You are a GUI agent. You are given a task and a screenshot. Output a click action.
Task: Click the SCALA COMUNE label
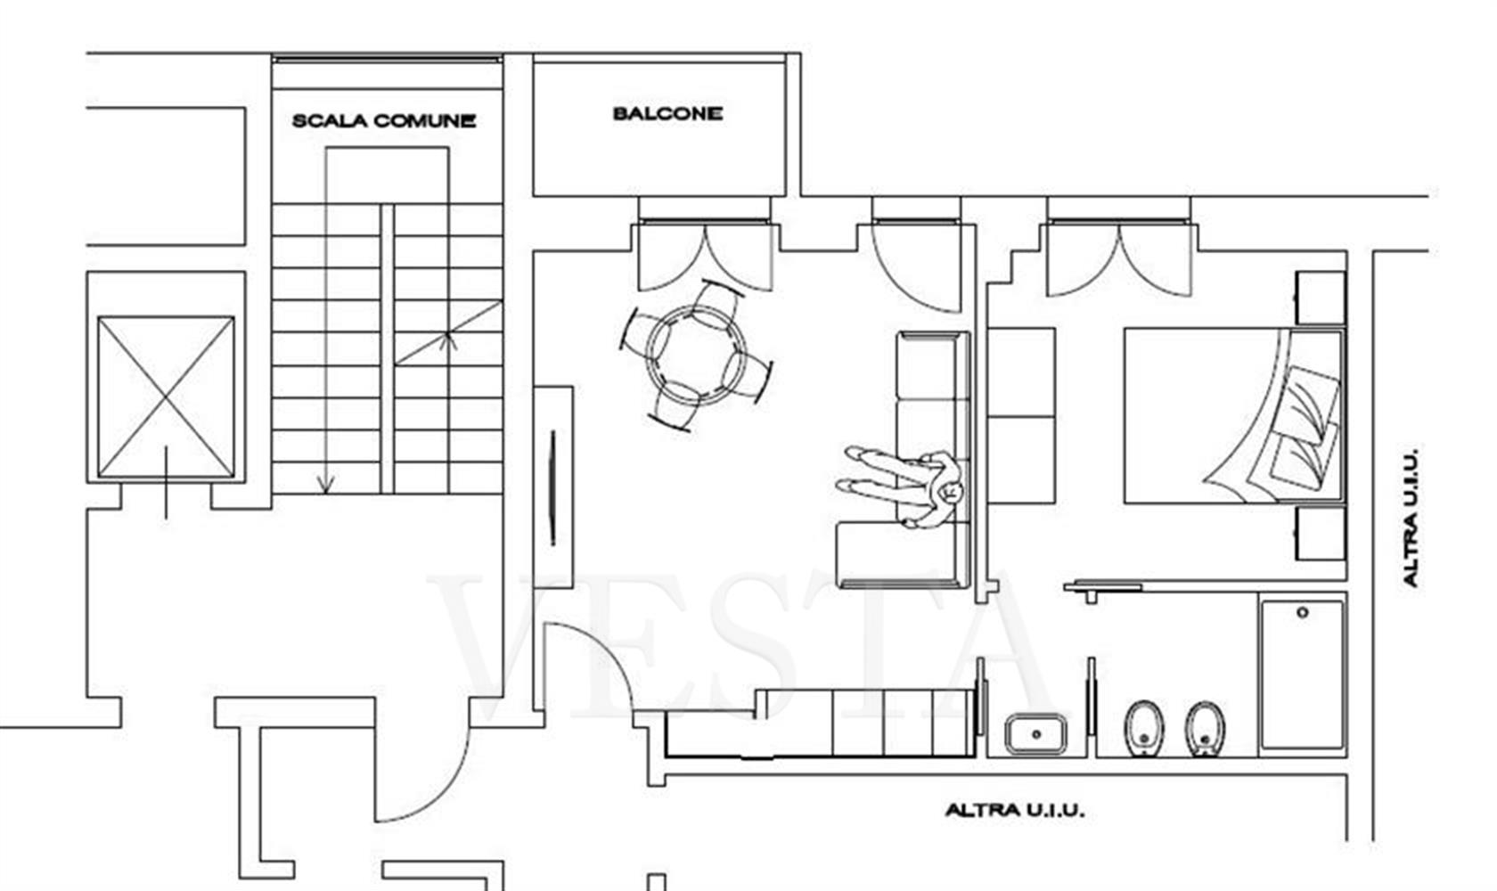pos(384,121)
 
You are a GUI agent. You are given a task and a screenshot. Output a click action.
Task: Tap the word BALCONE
pos(667,114)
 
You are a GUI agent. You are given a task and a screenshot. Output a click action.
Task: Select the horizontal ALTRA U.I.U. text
pos(1014,811)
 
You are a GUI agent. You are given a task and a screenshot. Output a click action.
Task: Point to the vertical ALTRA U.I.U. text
pos(1410,517)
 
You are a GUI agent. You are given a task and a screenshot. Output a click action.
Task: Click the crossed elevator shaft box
pos(167,397)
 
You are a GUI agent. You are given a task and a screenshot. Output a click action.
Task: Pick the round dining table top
pos(697,355)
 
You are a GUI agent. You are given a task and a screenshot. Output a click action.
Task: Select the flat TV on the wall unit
pos(552,488)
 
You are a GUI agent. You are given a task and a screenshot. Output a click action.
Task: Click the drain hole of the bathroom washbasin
pos(1036,734)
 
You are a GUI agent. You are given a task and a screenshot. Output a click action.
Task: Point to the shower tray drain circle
pos(1302,612)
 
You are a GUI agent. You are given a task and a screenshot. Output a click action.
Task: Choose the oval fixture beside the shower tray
pos(1205,729)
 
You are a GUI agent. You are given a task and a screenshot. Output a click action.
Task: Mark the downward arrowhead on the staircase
pos(325,484)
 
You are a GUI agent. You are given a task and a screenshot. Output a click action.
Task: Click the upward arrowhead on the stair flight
pos(448,341)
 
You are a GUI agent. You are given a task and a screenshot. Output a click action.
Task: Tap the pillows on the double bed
pos(1304,424)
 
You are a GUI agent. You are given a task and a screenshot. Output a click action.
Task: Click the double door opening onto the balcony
pos(705,257)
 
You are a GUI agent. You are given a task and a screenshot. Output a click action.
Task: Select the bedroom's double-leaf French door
pos(1119,261)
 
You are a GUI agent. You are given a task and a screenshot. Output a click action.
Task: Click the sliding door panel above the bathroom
pos(1103,587)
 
